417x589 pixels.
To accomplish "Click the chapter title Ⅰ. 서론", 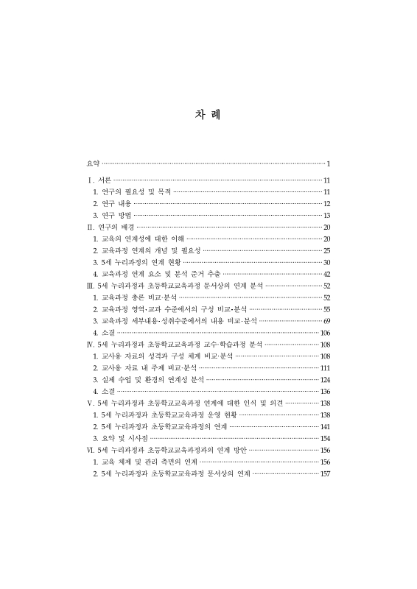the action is [99, 180].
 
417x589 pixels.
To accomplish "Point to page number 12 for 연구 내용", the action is [326, 203].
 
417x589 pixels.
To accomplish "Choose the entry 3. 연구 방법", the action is [113, 215].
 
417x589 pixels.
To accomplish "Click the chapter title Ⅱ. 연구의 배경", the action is [111, 227].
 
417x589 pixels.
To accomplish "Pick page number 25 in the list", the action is [326, 251].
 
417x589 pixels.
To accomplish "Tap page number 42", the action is [326, 274].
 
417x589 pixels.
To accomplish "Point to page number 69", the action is [326, 321].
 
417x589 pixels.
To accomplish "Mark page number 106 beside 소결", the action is [325, 333].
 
